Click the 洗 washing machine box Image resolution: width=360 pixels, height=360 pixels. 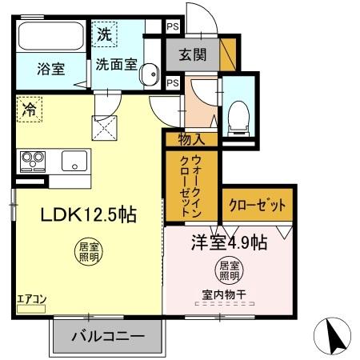(105, 34)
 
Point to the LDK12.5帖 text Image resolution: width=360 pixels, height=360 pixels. (78, 214)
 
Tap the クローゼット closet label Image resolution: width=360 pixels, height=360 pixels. (259, 205)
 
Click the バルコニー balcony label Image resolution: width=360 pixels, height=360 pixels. (110, 336)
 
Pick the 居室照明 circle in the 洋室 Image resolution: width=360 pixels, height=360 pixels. (229, 270)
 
